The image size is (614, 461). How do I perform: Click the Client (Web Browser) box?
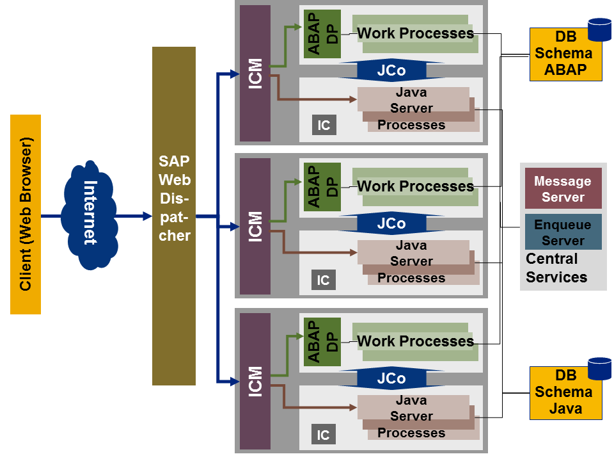(x=26, y=214)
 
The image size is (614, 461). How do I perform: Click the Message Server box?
(x=563, y=189)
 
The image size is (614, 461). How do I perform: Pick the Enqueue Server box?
(x=563, y=232)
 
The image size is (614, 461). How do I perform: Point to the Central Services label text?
(x=556, y=268)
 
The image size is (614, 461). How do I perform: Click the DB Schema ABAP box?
(x=565, y=54)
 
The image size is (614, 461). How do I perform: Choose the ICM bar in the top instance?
(x=255, y=73)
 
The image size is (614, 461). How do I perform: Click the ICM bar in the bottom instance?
(x=255, y=381)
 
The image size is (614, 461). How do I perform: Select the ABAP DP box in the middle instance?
(x=322, y=186)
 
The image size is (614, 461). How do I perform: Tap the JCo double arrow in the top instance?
(x=391, y=70)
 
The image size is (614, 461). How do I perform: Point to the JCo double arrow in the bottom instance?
(x=391, y=378)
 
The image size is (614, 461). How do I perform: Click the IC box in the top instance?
(x=324, y=125)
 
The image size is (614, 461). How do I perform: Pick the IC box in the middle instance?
(x=324, y=280)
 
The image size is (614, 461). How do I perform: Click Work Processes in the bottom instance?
(x=415, y=341)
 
